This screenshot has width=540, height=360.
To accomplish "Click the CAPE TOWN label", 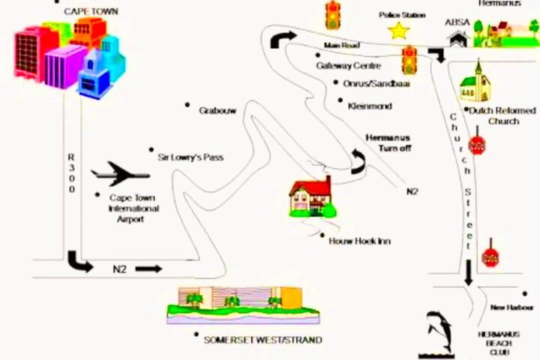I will [91, 11].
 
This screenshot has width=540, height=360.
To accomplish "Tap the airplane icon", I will [120, 173].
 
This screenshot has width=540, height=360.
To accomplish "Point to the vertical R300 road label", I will [72, 173].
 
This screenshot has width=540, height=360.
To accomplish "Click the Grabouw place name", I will [217, 110].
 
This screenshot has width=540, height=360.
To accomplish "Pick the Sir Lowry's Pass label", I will [190, 157].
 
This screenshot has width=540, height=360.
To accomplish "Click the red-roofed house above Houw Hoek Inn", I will [310, 196].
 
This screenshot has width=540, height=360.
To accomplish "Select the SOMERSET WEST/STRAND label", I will [262, 340].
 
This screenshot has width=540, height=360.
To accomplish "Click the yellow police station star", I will [398, 31].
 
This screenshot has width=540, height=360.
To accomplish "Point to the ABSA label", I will [457, 22].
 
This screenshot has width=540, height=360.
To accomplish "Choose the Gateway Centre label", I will [348, 65].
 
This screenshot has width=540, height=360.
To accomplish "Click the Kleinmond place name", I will [370, 106].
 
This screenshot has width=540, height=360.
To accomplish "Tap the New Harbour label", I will [511, 307].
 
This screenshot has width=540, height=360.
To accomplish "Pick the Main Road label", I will [341, 46].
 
